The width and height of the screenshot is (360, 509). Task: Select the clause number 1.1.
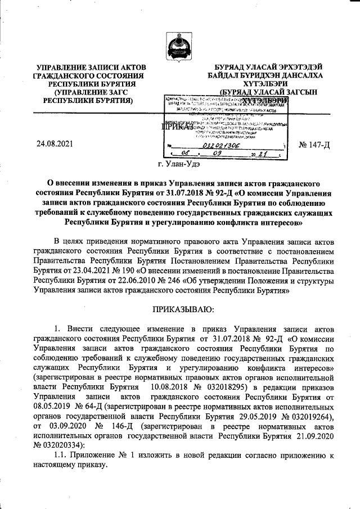point(59,460)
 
